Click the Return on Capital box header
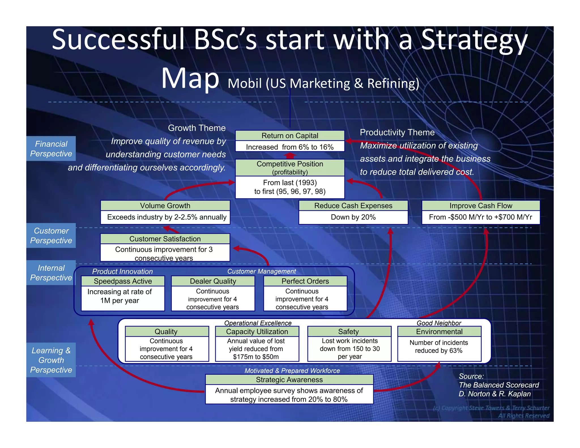[x=290, y=136]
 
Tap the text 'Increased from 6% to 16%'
[x=290, y=147]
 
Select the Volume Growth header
[x=165, y=206]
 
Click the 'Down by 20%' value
[x=353, y=217]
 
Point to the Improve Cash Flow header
[x=481, y=206]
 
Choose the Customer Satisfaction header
[x=165, y=239]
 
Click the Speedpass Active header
[x=123, y=281]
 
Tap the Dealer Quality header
[x=213, y=281]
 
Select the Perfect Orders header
[x=305, y=281]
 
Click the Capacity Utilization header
[x=257, y=332]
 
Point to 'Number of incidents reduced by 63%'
[x=439, y=347]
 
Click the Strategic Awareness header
[x=289, y=380]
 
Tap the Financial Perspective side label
[x=51, y=149]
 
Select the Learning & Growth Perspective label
[x=51, y=360]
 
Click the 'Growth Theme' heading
[x=197, y=128]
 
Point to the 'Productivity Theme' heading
[x=397, y=132]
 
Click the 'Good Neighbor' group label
[x=439, y=323]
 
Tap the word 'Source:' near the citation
[x=471, y=376]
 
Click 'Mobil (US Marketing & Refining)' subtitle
[x=323, y=84]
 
